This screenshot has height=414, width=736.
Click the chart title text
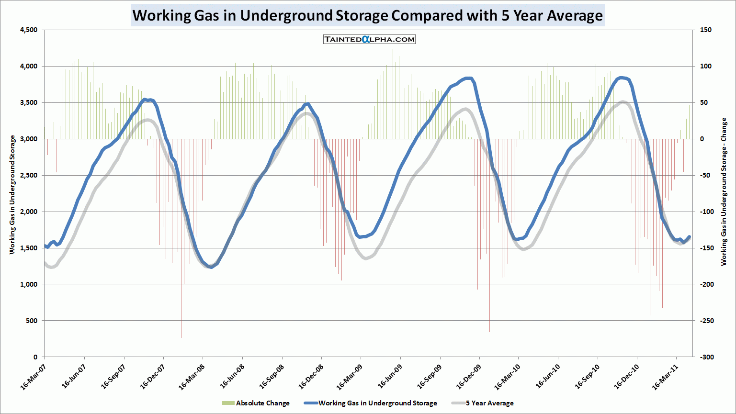pyautogui.click(x=367, y=15)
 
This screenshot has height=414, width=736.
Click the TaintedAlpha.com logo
pyautogui.click(x=369, y=39)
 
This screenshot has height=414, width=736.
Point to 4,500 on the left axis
pyautogui.click(x=28, y=30)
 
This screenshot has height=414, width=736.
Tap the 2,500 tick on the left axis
pyautogui.click(x=28, y=176)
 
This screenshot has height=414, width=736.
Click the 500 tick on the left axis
pyautogui.click(x=32, y=321)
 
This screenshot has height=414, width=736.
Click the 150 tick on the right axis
pyautogui.click(x=706, y=30)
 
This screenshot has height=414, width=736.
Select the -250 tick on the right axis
pyautogui.click(x=707, y=321)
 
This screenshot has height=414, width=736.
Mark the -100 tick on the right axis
pyautogui.click(x=707, y=212)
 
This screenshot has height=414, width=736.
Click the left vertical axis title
pyautogui.click(x=12, y=194)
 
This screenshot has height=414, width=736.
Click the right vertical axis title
pyautogui.click(x=724, y=191)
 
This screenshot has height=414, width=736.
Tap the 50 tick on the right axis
pyautogui.click(x=704, y=103)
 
